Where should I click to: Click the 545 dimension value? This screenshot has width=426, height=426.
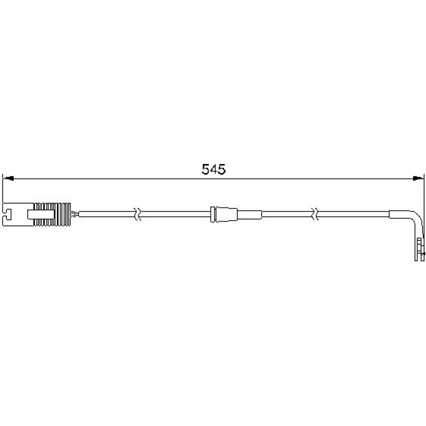pyautogui.click(x=213, y=170)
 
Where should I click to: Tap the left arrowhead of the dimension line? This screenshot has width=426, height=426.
pyautogui.click(x=8, y=178)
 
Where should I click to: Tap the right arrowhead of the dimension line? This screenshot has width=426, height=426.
pyautogui.click(x=418, y=178)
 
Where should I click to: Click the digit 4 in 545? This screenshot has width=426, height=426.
pyautogui.click(x=214, y=170)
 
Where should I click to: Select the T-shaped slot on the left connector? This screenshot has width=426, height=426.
pyautogui.click(x=8, y=214)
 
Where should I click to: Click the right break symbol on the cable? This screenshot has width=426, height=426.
pyautogui.click(x=315, y=214)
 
